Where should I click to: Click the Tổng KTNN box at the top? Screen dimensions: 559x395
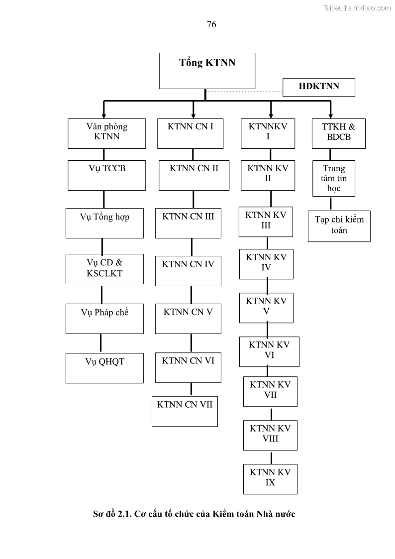click(x=207, y=71)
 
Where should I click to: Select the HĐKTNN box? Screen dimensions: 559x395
click(x=319, y=87)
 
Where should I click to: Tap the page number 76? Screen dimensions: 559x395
click(x=211, y=24)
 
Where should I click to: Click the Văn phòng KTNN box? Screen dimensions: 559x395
click(x=107, y=133)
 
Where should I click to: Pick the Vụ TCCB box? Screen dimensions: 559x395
click(x=107, y=175)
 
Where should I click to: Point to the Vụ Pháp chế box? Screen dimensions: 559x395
click(x=104, y=319)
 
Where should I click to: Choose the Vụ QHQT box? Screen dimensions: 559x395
click(x=104, y=368)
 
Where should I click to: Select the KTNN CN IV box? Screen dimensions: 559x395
click(x=188, y=271)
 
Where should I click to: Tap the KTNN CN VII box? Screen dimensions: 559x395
click(x=185, y=411)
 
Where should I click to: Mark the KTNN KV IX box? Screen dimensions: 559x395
click(x=270, y=478)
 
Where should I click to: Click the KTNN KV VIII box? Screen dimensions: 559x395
click(x=270, y=435)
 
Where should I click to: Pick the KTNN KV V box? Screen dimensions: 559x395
click(x=266, y=307)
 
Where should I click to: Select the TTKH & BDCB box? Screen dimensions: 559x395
click(x=339, y=133)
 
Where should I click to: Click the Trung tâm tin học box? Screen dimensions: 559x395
click(x=334, y=179)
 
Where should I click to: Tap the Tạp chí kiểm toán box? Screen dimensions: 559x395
click(x=339, y=226)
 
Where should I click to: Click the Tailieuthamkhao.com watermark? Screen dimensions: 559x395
click(x=357, y=7)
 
